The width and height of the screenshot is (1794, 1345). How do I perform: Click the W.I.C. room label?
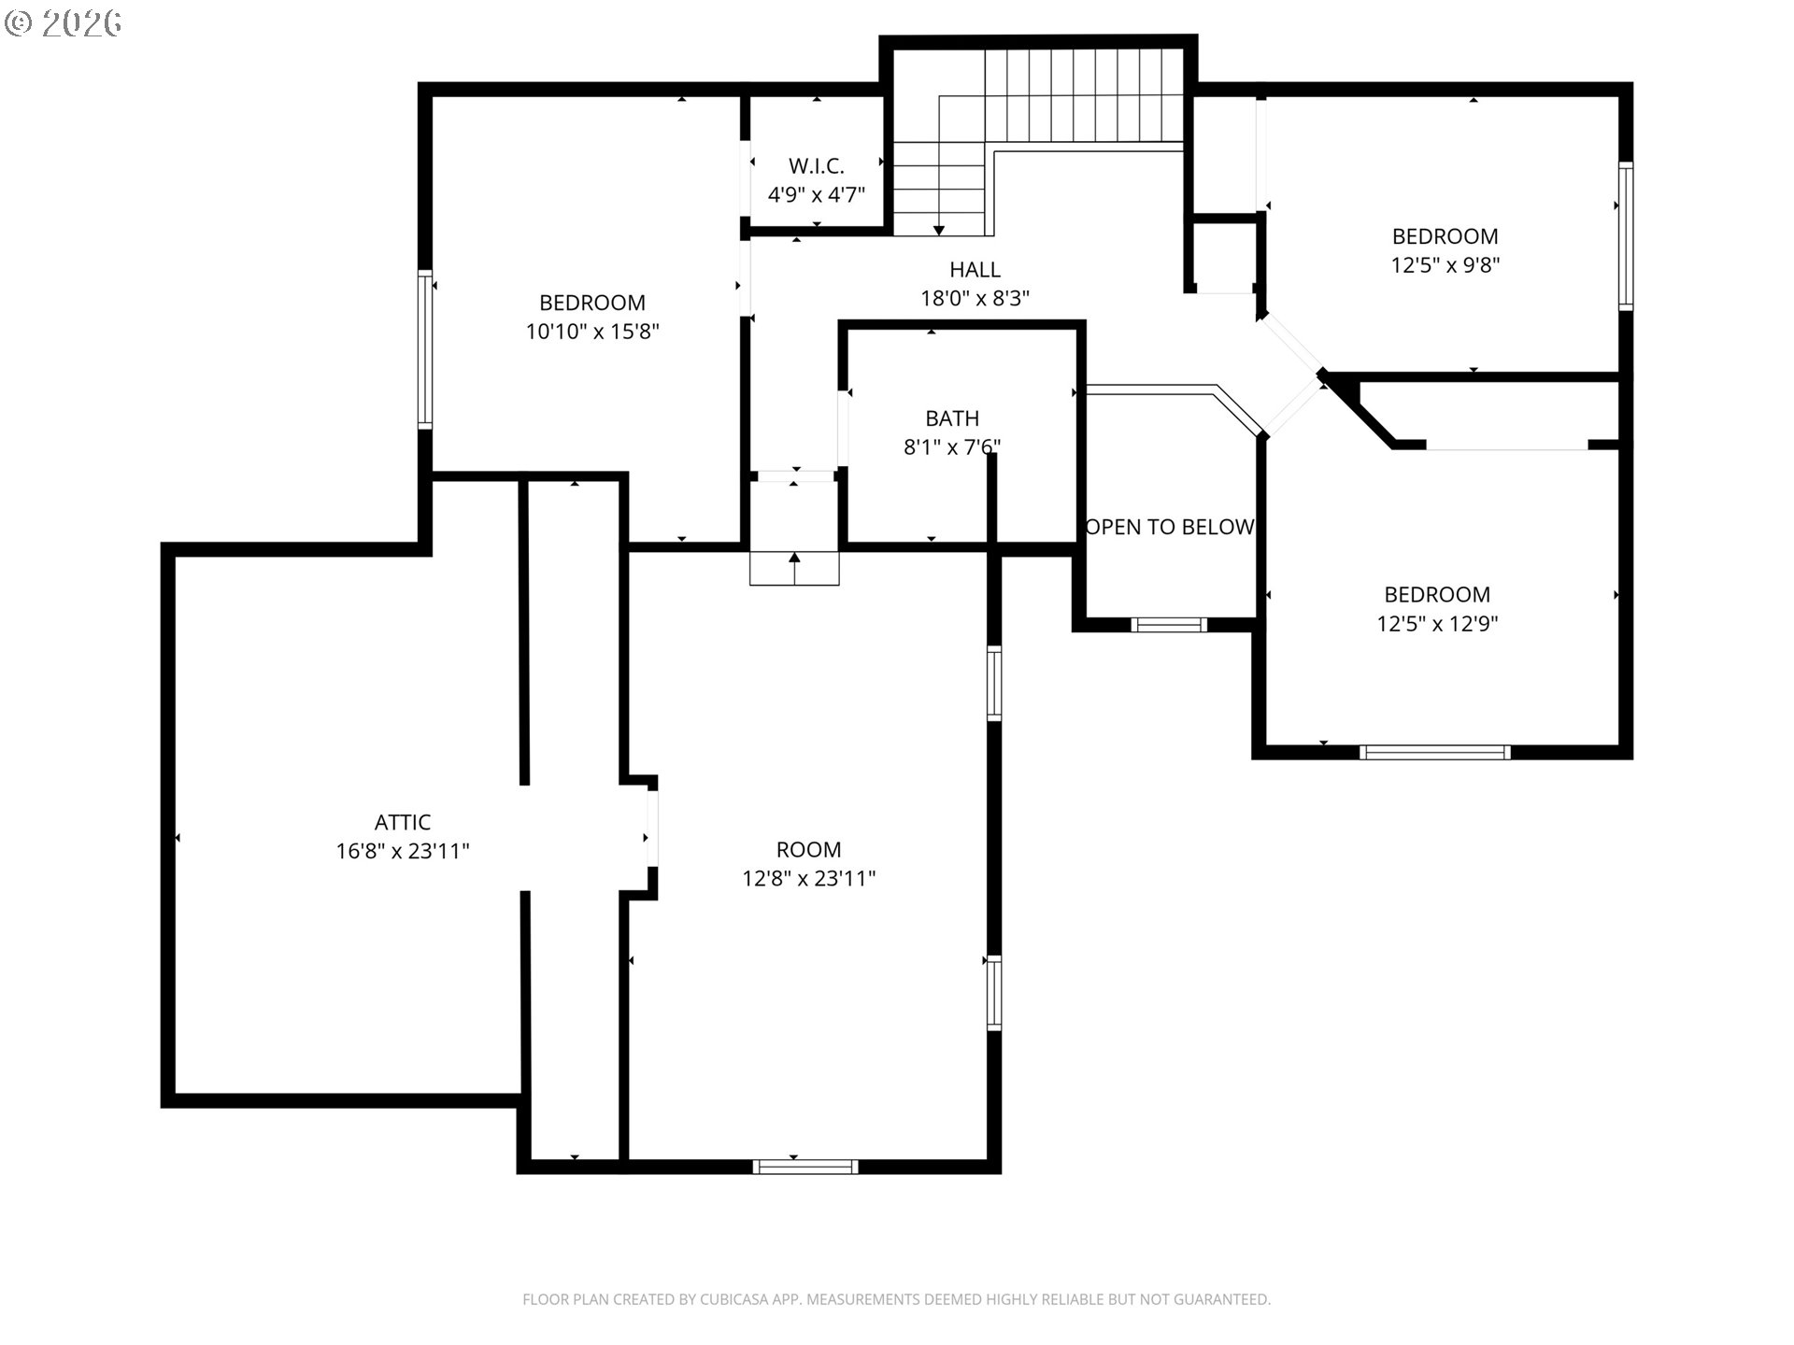tap(817, 166)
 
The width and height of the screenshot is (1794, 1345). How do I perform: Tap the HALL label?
tap(975, 270)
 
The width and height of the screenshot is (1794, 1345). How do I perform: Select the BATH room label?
tap(952, 418)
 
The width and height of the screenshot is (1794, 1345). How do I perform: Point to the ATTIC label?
tap(403, 822)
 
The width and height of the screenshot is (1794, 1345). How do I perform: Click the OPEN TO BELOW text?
tap(1169, 527)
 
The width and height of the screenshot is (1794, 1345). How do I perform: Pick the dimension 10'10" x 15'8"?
tap(592, 332)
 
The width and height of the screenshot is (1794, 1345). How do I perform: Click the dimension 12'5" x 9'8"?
tap(1445, 265)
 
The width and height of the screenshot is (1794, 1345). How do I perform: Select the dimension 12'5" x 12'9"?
tap(1437, 623)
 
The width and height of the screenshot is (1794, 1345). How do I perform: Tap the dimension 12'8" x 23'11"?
tap(809, 879)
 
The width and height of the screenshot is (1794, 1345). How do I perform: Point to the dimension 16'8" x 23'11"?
tap(403, 851)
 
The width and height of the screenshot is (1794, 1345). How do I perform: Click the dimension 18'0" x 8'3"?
tap(975, 298)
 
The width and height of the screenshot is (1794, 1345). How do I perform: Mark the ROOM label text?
tap(809, 850)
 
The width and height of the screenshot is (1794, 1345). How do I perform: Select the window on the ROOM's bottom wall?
tap(805, 1166)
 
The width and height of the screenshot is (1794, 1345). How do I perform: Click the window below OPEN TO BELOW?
tap(1169, 624)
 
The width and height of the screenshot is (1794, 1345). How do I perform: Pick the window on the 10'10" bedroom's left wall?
tap(425, 349)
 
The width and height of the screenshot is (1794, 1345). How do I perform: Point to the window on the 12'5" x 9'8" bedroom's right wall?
tap(1626, 235)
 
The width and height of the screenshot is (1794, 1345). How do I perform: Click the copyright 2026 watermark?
tap(64, 23)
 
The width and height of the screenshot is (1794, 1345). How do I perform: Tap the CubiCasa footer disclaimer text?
tap(896, 1299)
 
